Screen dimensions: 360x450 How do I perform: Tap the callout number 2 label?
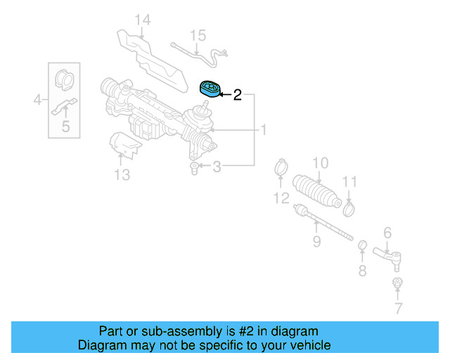238,95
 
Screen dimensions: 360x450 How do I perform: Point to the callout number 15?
198,34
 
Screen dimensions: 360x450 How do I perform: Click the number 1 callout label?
264,130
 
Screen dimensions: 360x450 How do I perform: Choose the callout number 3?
217,167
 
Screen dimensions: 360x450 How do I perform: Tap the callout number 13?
122,174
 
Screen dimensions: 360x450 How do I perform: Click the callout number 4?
37,101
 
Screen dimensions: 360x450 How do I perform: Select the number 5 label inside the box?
65,127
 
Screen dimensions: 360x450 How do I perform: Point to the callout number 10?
320,163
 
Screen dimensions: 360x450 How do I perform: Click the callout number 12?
281,198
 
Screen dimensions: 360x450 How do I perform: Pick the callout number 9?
316,242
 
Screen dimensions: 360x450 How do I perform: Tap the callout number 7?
398,308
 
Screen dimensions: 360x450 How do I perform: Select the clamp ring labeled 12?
281,169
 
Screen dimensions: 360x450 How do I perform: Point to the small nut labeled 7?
397,283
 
